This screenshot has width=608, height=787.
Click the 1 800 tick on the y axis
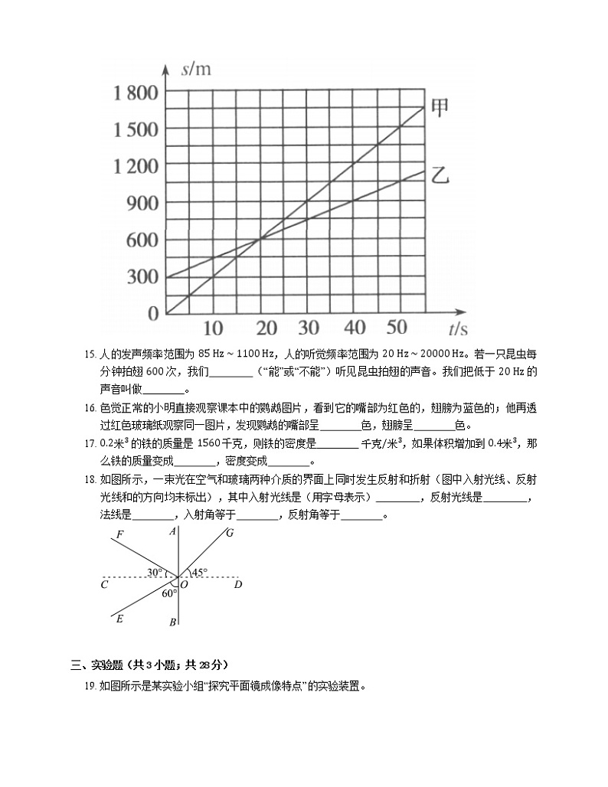[x=136, y=93]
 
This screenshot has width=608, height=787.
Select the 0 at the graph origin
[x=152, y=313]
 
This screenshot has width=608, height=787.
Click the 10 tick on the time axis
[x=213, y=328]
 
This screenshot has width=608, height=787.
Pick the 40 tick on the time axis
[x=355, y=328]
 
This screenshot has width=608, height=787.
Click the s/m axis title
[x=197, y=70]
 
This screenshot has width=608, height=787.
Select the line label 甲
[x=440, y=106]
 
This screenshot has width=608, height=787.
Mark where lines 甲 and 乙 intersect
[x=260, y=239]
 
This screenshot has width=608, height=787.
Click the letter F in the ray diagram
[x=119, y=534]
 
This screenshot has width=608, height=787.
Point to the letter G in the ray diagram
[x=229, y=533]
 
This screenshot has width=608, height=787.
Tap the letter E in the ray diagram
[x=119, y=619]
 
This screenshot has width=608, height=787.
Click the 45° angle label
[x=199, y=572]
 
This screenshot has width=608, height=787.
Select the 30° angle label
[x=155, y=572]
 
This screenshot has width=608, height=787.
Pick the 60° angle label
[x=169, y=592]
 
